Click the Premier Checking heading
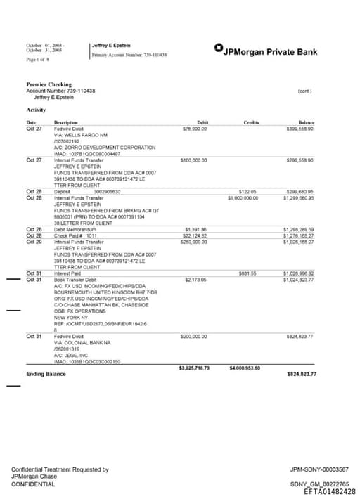49,85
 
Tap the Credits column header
251,122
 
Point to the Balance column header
306,122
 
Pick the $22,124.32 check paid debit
195,235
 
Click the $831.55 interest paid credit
248,273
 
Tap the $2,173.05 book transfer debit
195,280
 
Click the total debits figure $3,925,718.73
194,367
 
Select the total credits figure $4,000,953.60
245,367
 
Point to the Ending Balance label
46,374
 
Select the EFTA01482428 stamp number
330,492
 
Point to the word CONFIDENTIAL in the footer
33,484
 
